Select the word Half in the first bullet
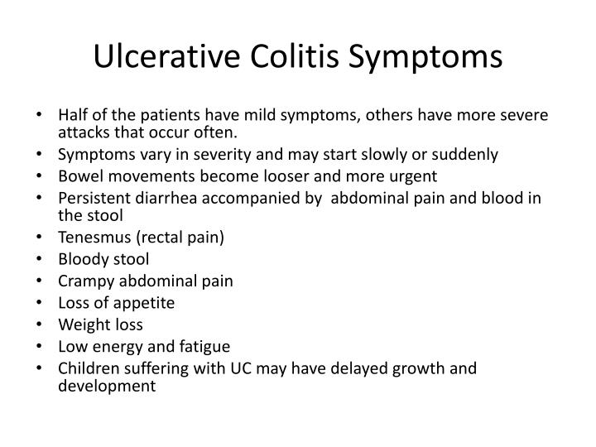72,115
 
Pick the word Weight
81,324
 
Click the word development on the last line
106,385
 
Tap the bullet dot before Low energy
44,346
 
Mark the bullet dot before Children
44,368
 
